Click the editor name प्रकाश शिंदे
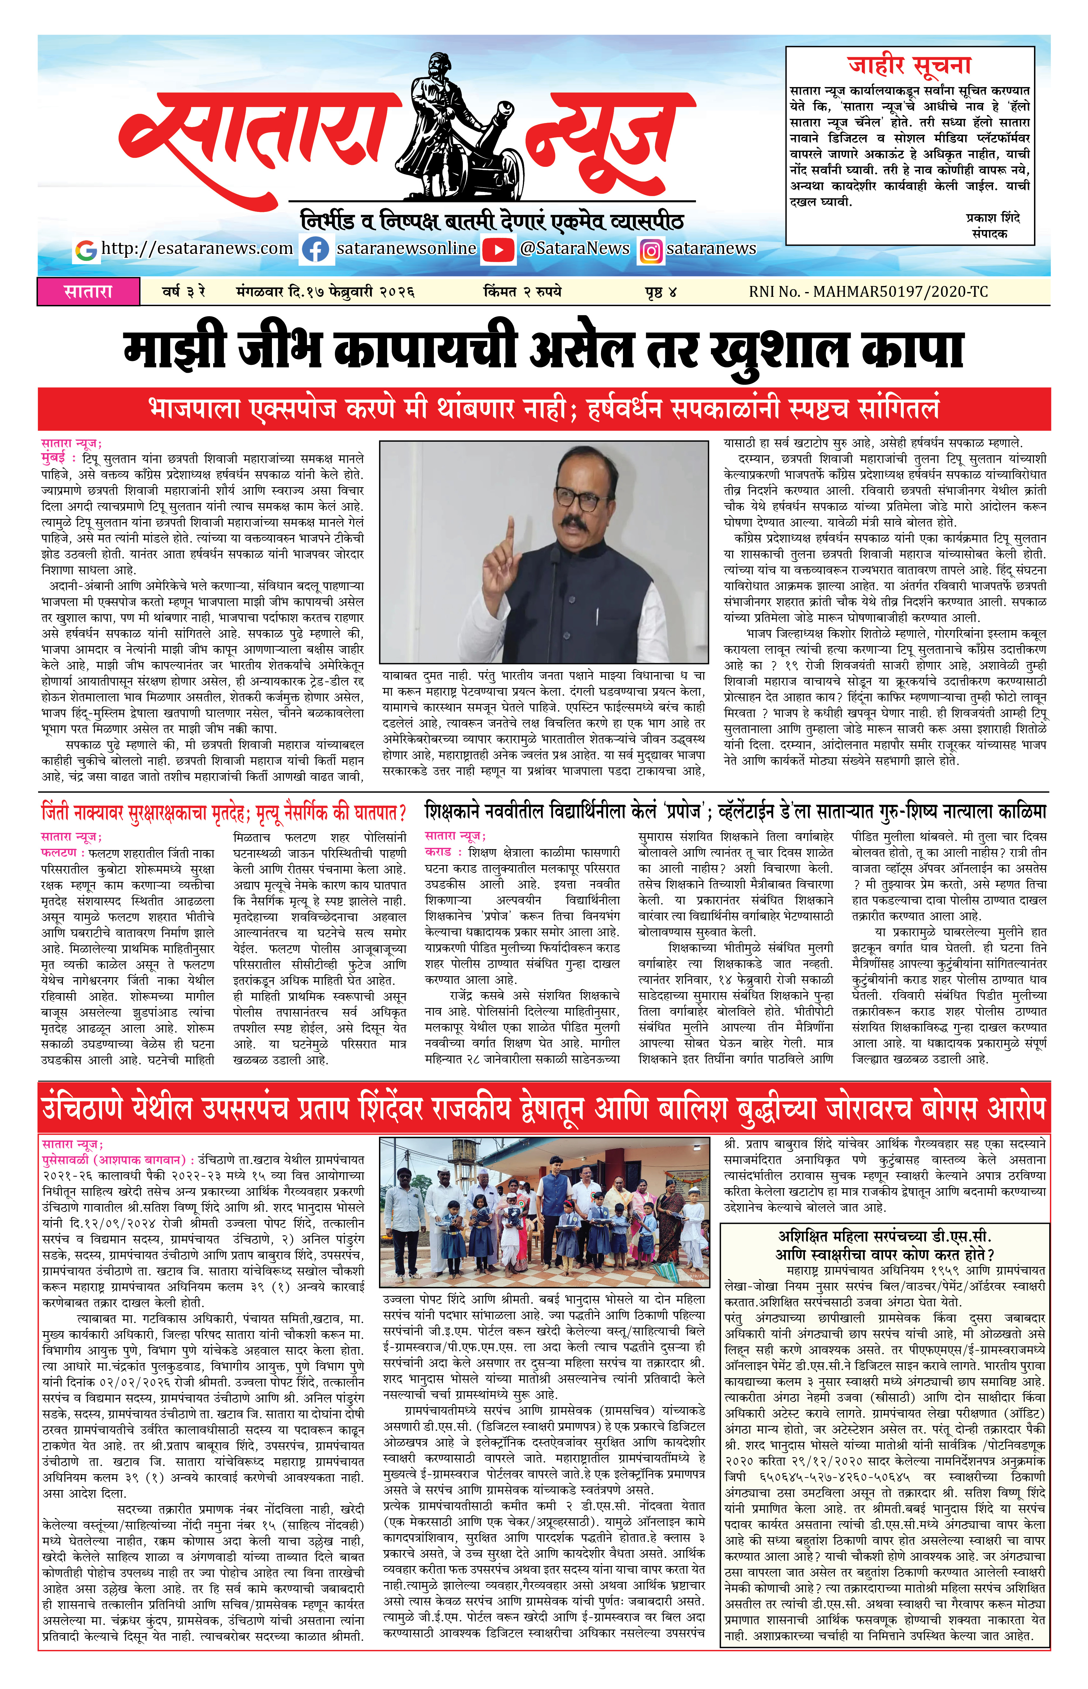tap(993, 218)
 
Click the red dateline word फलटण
tap(59, 853)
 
